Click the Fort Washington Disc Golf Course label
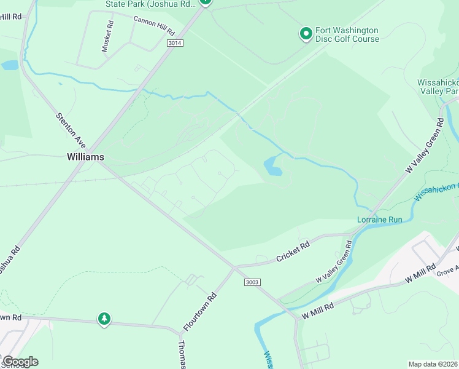click(x=347, y=34)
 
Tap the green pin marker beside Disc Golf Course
click(x=305, y=33)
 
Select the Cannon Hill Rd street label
click(x=154, y=25)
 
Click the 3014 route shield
click(x=175, y=43)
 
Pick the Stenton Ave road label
click(x=71, y=130)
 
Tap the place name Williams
click(x=85, y=157)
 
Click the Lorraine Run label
click(x=379, y=220)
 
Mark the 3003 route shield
click(x=252, y=282)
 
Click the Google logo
click(x=20, y=362)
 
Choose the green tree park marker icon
click(x=104, y=319)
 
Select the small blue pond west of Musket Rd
click(x=10, y=65)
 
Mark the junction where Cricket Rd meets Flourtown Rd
click(x=233, y=268)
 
